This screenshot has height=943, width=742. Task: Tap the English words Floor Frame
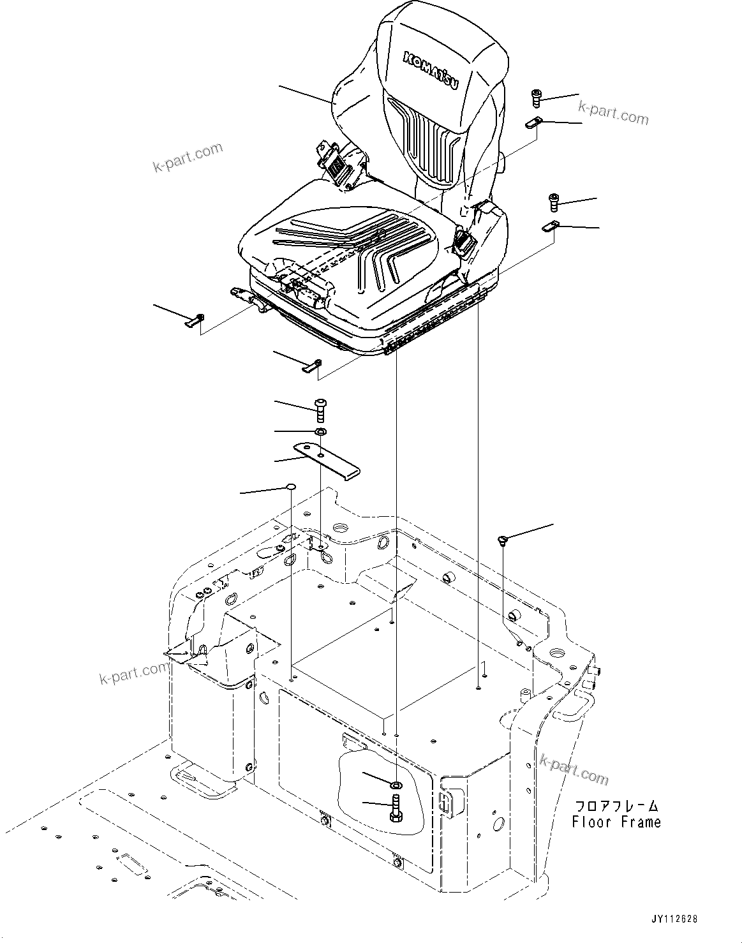click(616, 822)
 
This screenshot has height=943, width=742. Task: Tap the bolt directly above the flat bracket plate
click(320, 408)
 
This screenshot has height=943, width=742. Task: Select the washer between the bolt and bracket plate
click(321, 433)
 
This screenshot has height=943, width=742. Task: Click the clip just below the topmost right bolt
click(533, 124)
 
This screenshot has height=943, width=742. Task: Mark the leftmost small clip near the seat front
click(195, 320)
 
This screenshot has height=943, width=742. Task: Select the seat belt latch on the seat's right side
click(464, 242)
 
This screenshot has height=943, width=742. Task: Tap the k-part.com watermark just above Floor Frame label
click(574, 769)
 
